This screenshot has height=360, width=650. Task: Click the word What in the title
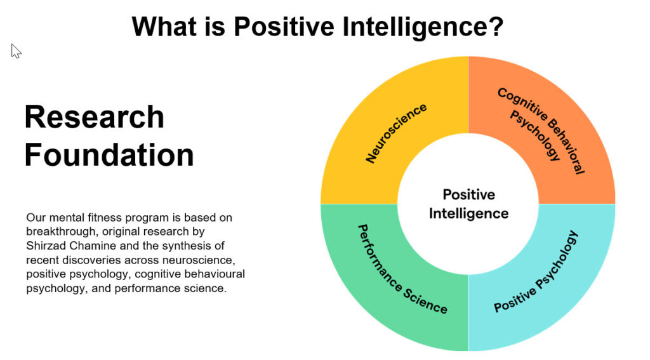tap(164, 26)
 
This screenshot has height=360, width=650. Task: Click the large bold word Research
tap(95, 117)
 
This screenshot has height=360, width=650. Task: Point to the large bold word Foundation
tap(109, 155)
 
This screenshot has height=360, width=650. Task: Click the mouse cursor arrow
tap(16, 51)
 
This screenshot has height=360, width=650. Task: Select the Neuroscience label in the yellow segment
tap(396, 133)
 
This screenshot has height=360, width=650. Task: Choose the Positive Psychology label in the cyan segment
tap(536, 272)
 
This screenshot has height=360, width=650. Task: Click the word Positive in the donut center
tap(469, 194)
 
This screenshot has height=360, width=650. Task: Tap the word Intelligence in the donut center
tap(469, 213)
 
